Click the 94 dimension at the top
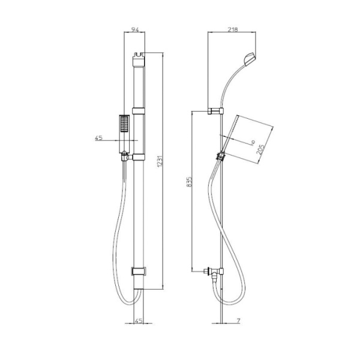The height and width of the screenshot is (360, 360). tap(137, 28)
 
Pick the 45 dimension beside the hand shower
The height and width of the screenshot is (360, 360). tap(100, 138)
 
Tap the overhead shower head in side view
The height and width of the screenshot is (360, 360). tap(250, 58)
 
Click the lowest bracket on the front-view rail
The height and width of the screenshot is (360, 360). tap(138, 271)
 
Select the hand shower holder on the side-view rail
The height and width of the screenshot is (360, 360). tap(221, 157)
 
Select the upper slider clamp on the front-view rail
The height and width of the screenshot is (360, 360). tap(139, 110)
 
